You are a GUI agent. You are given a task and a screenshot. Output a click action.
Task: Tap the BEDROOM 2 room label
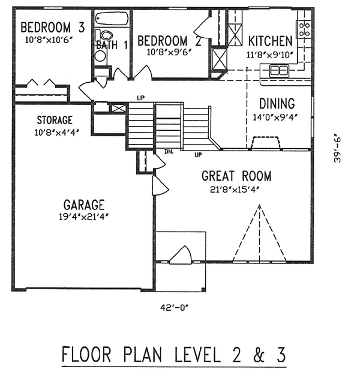click(x=169, y=41)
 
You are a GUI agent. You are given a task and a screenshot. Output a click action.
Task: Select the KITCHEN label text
click(x=270, y=41)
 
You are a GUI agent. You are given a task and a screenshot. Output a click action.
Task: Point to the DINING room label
click(x=277, y=103)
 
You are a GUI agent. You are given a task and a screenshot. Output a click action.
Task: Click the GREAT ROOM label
click(x=236, y=176)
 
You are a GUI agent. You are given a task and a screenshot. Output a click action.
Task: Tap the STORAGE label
click(x=53, y=120)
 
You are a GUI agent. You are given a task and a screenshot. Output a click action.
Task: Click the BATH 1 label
click(x=112, y=44)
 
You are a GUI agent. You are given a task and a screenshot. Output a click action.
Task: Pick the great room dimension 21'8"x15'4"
click(x=236, y=190)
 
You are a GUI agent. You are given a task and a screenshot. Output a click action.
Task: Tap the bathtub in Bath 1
click(x=112, y=19)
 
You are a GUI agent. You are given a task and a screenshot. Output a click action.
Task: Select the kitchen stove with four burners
click(x=304, y=27)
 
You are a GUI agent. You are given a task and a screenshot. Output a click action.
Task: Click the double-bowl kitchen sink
click(x=279, y=71)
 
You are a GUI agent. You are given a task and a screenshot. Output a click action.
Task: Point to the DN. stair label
click(x=169, y=152)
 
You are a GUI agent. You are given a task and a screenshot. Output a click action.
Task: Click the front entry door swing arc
click(x=180, y=256)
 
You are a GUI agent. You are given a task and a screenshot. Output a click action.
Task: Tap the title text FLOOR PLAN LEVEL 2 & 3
click(x=174, y=355)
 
